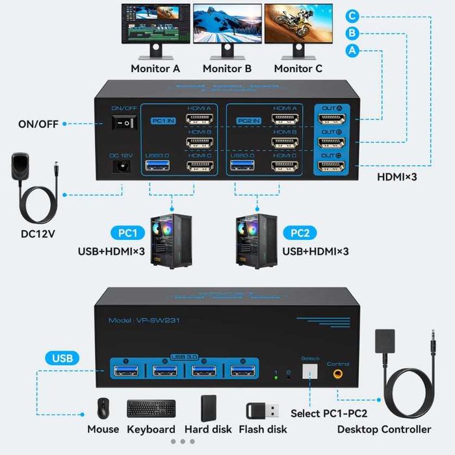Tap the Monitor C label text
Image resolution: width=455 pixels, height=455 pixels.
pos(298,68)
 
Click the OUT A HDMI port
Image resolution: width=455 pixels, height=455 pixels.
pos(331,119)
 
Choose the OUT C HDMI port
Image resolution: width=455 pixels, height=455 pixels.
pos(331,166)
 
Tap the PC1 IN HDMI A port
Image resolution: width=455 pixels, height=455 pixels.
pos(200,120)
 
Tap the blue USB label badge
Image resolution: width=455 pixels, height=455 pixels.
pos(62,357)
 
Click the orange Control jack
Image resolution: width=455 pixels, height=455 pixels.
pos(338,374)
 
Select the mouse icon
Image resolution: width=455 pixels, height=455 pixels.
pos(103,409)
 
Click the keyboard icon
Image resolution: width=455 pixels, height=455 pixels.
pos(151,409)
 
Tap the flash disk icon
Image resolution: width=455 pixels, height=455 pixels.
pos(263,410)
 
